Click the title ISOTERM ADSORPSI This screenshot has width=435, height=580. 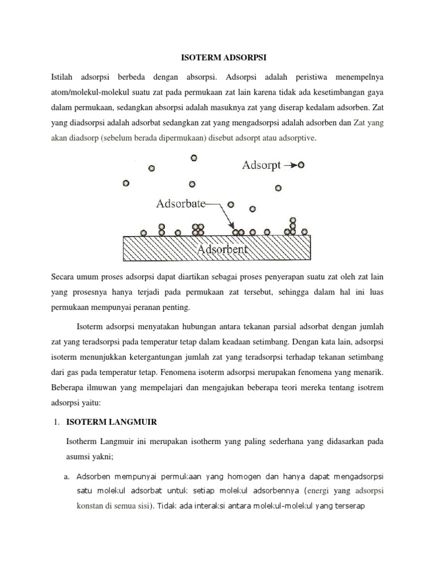pos(217,57)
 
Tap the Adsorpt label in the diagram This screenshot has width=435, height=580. pos(261,165)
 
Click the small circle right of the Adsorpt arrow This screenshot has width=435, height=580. pos(301,165)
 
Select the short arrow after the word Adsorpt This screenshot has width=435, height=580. pos(290,165)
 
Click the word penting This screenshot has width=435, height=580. pos(178,308)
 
